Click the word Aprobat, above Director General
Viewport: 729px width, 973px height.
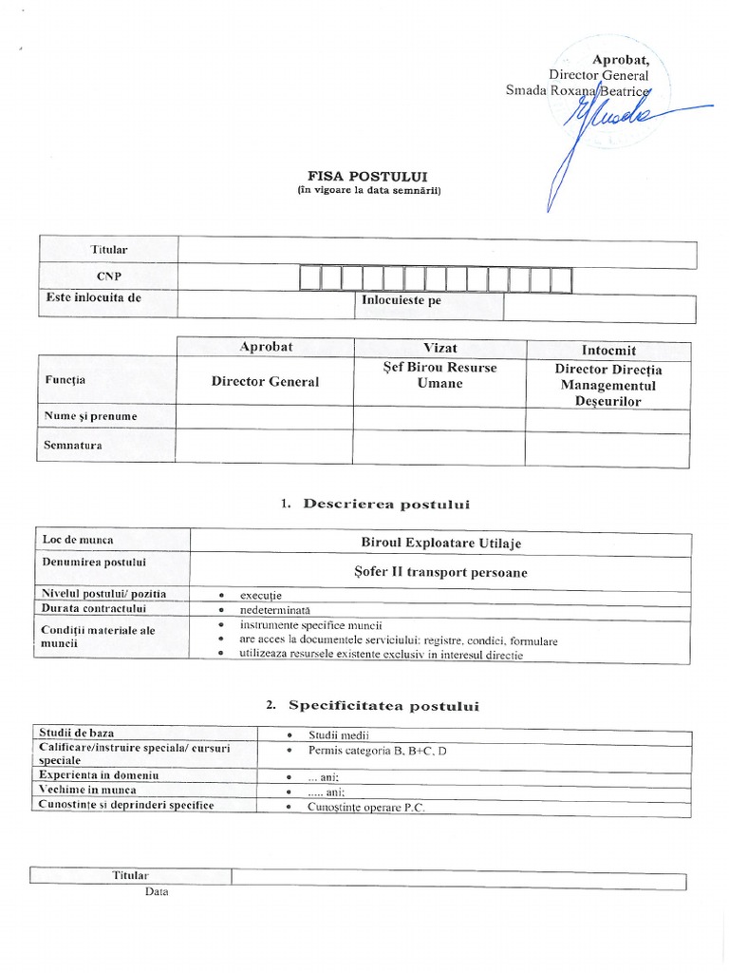click(x=621, y=59)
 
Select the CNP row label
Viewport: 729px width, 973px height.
click(x=108, y=276)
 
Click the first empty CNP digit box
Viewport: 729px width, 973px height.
click(x=309, y=279)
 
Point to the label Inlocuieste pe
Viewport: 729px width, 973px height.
click(x=402, y=300)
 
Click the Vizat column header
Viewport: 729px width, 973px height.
click(x=439, y=348)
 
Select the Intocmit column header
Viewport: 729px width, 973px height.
click(x=608, y=350)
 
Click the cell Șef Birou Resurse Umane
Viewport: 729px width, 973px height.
click(x=439, y=374)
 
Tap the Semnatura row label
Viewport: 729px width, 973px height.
click(x=73, y=444)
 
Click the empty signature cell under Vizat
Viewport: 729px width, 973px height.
click(x=439, y=447)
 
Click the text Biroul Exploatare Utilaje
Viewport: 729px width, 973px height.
click(x=440, y=543)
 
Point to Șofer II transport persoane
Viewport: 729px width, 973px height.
click(x=439, y=572)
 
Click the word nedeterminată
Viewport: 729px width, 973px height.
click(x=274, y=608)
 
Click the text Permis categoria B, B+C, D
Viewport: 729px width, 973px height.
click(x=377, y=751)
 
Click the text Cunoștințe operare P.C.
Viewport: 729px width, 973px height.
click(x=365, y=806)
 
